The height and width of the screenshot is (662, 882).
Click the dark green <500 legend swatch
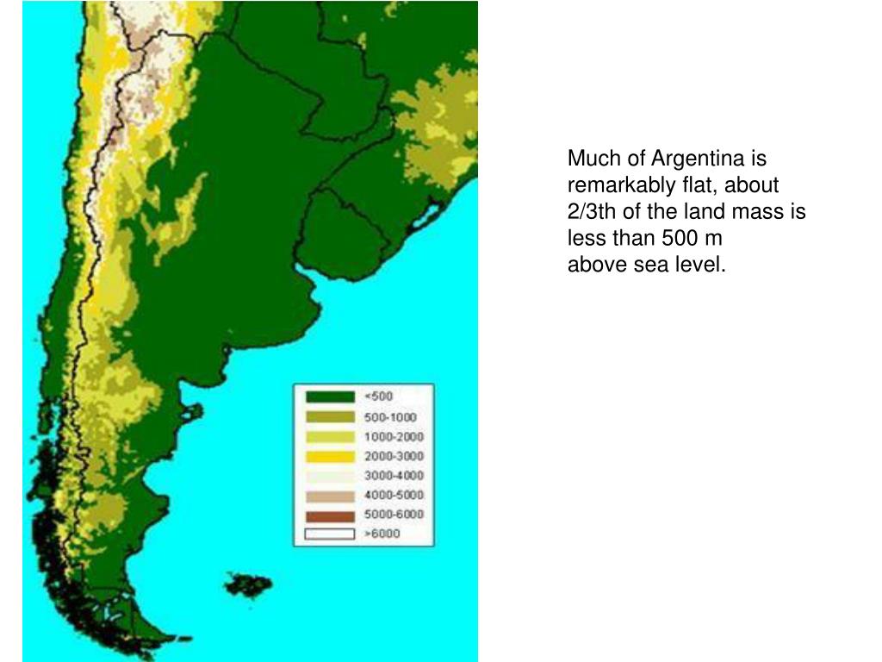point(330,397)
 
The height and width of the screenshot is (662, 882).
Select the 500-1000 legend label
point(390,416)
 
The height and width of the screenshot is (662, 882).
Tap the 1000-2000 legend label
point(394,436)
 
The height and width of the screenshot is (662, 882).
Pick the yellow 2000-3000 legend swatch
point(330,456)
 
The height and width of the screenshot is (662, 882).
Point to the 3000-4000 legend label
point(394,476)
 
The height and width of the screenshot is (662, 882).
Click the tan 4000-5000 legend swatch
point(330,496)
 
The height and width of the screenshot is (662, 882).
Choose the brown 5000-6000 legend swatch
point(330,515)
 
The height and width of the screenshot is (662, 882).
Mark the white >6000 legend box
point(330,534)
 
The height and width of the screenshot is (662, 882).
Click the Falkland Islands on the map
point(249,585)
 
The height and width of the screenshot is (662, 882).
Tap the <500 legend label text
point(379,397)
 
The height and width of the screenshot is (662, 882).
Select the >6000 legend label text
point(382,534)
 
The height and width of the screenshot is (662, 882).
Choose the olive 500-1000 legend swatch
point(330,416)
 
